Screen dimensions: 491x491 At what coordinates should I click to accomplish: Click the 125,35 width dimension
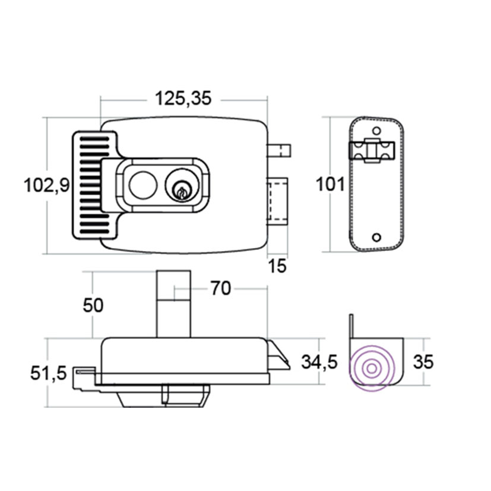[183, 99]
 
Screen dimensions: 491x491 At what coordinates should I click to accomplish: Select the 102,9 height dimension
[47, 185]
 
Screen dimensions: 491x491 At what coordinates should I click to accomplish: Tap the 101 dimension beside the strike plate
[330, 184]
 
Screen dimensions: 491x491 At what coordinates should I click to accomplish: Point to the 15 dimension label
[277, 266]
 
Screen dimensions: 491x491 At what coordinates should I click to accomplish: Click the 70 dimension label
[221, 288]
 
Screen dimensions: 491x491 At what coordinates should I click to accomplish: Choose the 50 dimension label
[93, 305]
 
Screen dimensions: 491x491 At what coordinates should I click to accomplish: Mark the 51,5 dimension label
[49, 373]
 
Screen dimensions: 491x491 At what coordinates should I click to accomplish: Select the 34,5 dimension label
[319, 362]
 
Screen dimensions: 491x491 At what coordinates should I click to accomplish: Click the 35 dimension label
[423, 362]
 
